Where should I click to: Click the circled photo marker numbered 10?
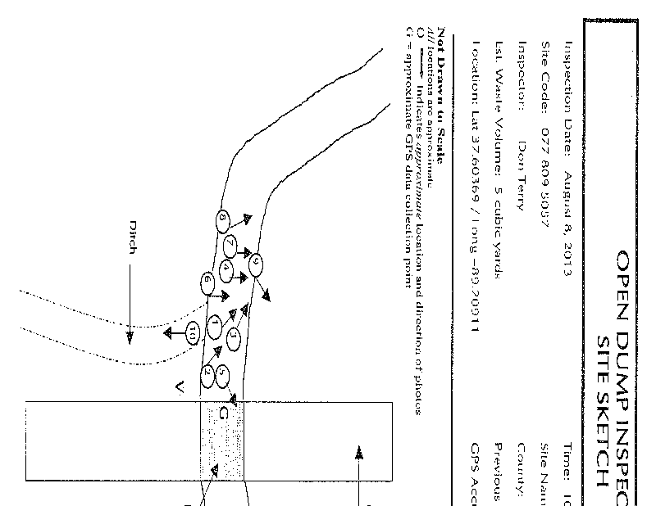192,333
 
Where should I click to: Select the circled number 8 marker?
222,220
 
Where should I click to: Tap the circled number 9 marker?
257,264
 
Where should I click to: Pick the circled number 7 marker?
230,244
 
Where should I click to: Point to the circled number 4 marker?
225,269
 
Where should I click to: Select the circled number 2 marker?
208,376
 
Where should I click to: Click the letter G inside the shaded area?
222,415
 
